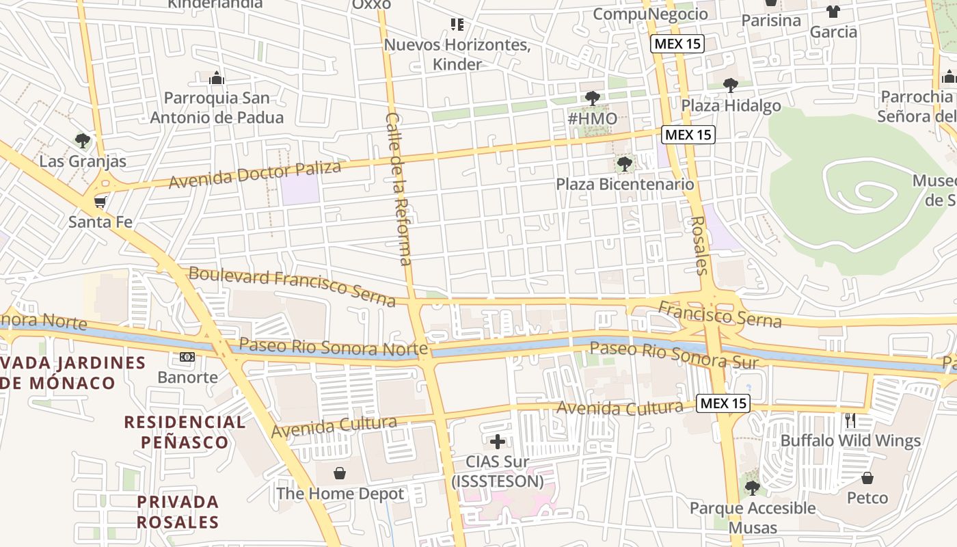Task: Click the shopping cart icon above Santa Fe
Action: pos(100,202)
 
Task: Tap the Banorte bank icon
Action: pos(187,357)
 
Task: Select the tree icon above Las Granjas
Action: pos(83,141)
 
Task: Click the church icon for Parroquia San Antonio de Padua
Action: pos(217,78)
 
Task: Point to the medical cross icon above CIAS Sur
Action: pos(498,441)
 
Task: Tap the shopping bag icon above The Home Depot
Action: pos(340,473)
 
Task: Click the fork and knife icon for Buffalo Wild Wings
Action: pos(850,420)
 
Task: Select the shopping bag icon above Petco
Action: pos(867,477)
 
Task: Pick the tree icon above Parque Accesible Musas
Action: pos(752,488)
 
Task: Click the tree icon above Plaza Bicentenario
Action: pos(624,164)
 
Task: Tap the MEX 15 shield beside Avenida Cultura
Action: pos(723,403)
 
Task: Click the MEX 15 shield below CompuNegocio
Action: pos(677,44)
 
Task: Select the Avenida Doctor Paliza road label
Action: pos(254,175)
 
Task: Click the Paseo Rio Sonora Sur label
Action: pos(673,354)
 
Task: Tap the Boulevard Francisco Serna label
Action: pos(292,286)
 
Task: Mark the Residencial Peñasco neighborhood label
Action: pos(185,431)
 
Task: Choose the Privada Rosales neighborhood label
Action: pos(177,512)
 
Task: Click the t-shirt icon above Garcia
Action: pos(833,12)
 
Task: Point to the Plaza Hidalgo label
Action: pos(731,105)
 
